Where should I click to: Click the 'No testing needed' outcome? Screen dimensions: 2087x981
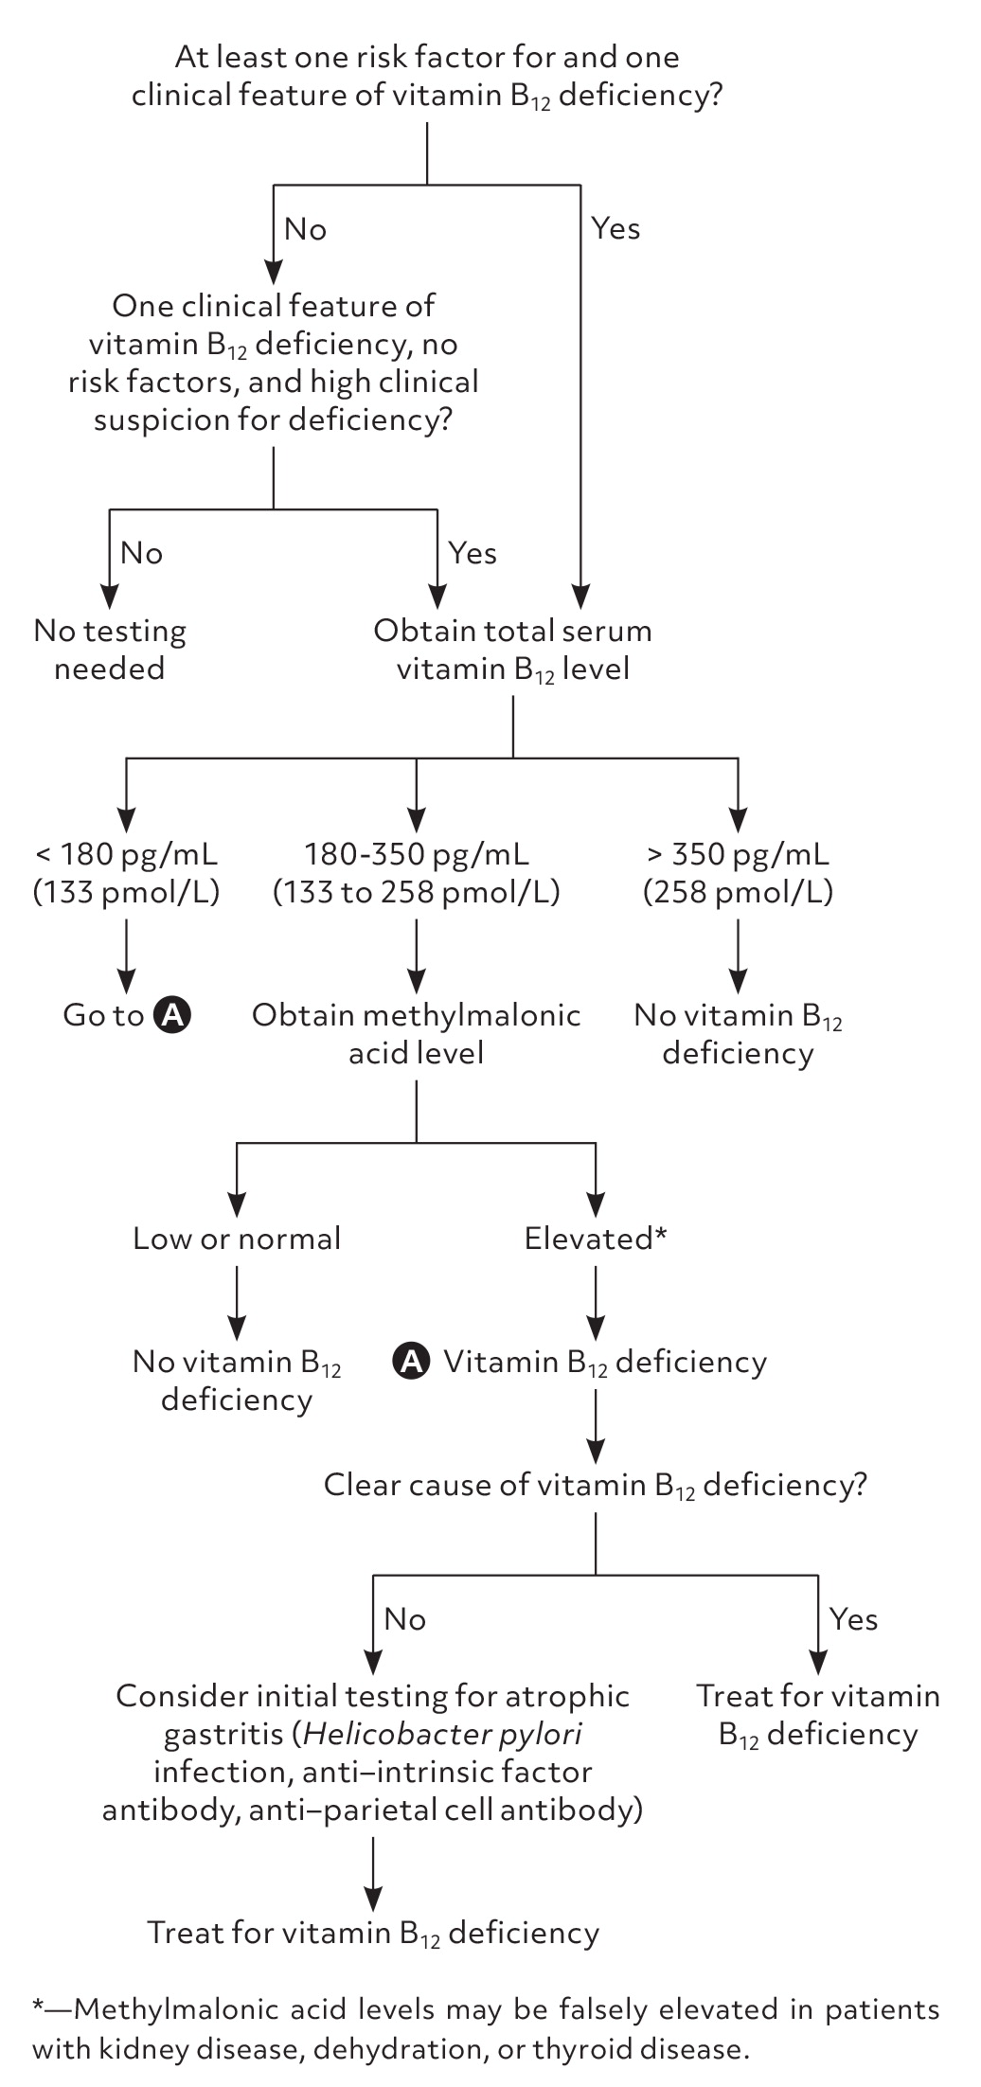(110, 650)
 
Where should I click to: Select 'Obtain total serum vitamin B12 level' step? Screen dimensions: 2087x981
(512, 650)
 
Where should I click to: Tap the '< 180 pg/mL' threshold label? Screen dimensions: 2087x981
(126, 854)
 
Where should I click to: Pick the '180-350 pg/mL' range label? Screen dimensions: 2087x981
(417, 854)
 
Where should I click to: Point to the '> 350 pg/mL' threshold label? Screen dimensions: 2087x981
(738, 854)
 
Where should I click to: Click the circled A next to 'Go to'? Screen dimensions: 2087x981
(173, 1015)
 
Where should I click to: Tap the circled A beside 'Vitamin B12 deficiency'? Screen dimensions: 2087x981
(411, 1362)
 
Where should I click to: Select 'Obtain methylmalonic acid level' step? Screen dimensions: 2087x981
(417, 1034)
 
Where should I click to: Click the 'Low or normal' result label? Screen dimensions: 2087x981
(237, 1239)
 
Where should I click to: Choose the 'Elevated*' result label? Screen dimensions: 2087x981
(596, 1239)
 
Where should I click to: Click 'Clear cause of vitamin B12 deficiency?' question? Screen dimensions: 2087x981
(595, 1485)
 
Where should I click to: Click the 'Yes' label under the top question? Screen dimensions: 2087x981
(615, 228)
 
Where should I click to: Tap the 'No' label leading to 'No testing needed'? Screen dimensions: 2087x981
(141, 553)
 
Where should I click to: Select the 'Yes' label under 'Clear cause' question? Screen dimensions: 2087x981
(853, 1619)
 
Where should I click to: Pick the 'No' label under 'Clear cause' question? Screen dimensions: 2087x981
(404, 1619)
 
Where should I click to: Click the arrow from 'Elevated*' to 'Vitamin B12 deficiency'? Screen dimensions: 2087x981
(596, 1297)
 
